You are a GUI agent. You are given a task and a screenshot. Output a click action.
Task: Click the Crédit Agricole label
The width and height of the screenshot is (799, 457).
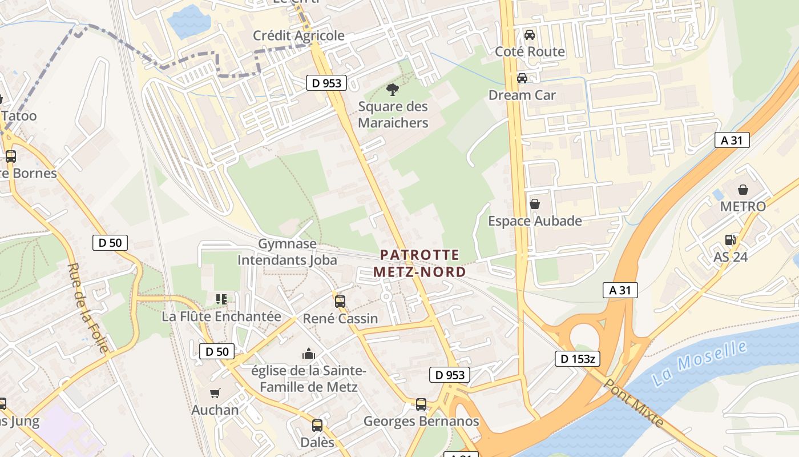click(298, 35)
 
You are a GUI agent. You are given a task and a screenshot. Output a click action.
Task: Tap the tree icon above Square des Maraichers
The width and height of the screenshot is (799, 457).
click(392, 89)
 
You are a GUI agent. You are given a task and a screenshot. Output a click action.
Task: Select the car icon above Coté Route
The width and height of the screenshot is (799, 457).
click(530, 34)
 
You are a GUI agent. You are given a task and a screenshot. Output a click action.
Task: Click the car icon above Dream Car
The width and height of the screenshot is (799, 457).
click(522, 78)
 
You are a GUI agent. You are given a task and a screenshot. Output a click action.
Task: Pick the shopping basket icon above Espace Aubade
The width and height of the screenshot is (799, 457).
click(535, 204)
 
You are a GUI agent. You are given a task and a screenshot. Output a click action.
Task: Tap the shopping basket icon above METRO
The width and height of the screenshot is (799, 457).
click(743, 190)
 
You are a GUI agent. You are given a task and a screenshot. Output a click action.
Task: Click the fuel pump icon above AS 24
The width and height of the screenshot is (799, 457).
click(730, 240)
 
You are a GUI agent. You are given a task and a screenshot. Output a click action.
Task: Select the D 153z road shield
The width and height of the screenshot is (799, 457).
click(577, 359)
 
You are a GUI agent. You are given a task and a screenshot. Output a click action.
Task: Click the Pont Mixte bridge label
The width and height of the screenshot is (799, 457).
click(633, 403)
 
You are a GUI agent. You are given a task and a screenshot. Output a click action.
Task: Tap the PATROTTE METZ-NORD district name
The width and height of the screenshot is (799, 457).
click(419, 263)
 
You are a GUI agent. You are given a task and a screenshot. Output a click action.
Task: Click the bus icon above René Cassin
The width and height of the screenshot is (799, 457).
click(340, 301)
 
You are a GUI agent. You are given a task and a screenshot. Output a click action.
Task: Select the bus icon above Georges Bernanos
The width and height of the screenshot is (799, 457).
click(421, 404)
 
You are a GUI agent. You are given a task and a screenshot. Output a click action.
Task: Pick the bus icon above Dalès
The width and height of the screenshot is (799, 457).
click(317, 426)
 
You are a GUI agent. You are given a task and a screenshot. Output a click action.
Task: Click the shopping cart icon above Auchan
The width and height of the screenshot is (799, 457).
click(215, 393)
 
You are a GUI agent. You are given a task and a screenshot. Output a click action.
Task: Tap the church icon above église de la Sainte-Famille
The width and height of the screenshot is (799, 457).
click(309, 354)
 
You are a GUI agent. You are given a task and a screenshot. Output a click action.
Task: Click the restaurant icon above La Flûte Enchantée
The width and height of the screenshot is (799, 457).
click(221, 299)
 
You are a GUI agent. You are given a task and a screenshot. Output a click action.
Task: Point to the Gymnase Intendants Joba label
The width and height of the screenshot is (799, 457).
click(287, 252)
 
